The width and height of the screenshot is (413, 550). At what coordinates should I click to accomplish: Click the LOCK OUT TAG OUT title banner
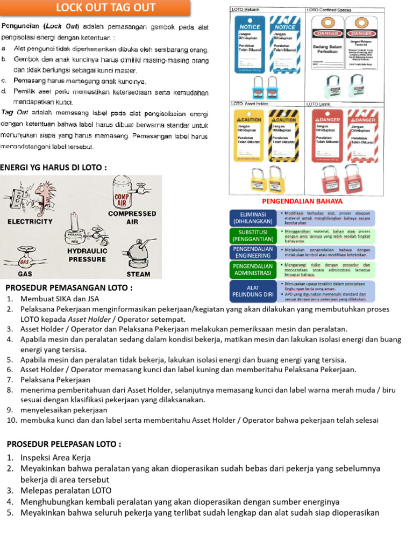click(106, 8)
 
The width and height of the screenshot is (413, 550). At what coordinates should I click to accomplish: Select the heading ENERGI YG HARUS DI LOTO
click(53, 168)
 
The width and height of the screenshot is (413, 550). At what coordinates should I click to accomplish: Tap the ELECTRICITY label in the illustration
click(30, 221)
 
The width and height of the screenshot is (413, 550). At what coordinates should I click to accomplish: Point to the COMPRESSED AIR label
click(132, 217)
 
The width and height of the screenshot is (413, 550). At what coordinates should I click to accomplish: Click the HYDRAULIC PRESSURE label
click(87, 255)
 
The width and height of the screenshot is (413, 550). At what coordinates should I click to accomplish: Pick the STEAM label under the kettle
click(138, 273)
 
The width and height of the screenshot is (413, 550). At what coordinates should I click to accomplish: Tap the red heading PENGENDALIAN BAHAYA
click(302, 201)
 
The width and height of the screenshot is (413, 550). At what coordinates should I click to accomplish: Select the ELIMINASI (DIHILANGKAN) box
click(253, 218)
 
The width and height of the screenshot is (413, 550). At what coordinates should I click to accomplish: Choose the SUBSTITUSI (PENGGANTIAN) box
click(253, 235)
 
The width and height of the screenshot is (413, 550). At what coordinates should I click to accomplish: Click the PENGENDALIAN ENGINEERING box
click(253, 252)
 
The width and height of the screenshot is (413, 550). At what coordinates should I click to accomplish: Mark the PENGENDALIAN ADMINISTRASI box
click(253, 270)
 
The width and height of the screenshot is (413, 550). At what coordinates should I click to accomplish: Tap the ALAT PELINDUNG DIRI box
click(253, 291)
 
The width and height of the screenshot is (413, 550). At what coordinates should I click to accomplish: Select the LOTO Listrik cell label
click(318, 103)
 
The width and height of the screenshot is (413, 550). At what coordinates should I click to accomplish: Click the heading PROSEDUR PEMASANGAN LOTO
click(69, 288)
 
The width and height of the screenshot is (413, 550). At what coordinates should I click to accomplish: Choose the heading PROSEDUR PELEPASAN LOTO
click(63, 444)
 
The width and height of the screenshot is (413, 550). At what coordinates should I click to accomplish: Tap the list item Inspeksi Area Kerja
click(55, 458)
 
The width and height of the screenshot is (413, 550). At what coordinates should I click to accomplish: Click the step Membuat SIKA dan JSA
click(60, 299)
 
